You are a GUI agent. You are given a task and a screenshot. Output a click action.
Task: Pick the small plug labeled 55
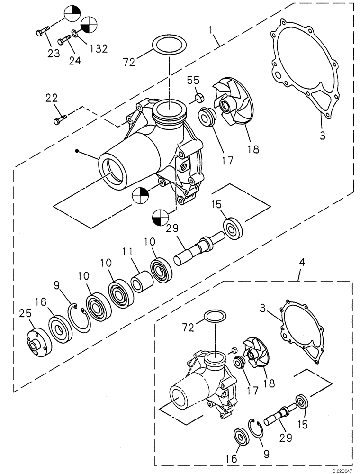coord(199,99)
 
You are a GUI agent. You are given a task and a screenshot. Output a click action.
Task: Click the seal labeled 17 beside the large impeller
coord(207,116)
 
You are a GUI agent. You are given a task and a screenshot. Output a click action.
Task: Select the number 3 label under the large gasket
coord(322,136)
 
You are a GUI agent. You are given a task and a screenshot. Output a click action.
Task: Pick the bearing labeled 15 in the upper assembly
coord(233,228)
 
